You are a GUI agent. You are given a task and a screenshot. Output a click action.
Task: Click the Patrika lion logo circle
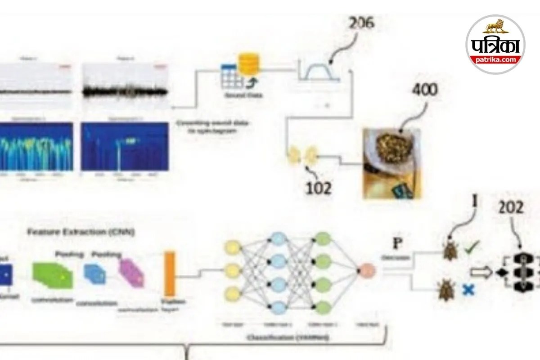(495, 44)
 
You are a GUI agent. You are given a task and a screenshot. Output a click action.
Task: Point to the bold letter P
(397, 243)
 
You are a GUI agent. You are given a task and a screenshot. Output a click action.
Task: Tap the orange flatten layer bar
(170, 274)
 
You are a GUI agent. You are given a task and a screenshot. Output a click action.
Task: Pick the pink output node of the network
(365, 270)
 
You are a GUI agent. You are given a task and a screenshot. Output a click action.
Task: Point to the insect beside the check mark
(450, 250)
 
